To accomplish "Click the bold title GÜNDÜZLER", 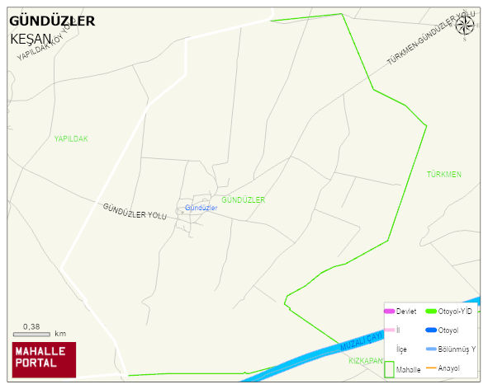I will [51, 21].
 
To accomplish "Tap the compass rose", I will [466, 24].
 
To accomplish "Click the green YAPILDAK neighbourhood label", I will [71, 138].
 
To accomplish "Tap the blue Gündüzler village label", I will [201, 208].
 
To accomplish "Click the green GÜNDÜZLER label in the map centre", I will [244, 200].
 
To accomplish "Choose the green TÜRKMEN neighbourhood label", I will [444, 175].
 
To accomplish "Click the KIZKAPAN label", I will [364, 361].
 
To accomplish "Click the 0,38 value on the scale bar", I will [31, 326].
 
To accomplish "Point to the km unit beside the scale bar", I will [60, 334].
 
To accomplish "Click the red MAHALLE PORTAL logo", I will [44, 359].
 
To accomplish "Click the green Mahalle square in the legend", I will [389, 368].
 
